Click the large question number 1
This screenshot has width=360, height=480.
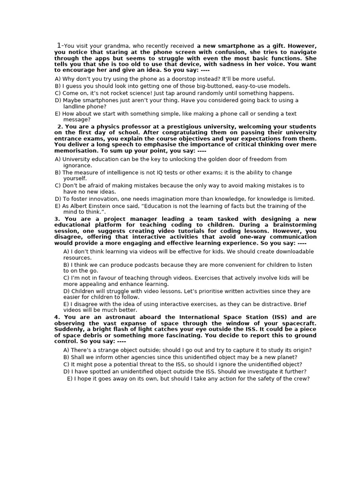[x=59, y=45]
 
